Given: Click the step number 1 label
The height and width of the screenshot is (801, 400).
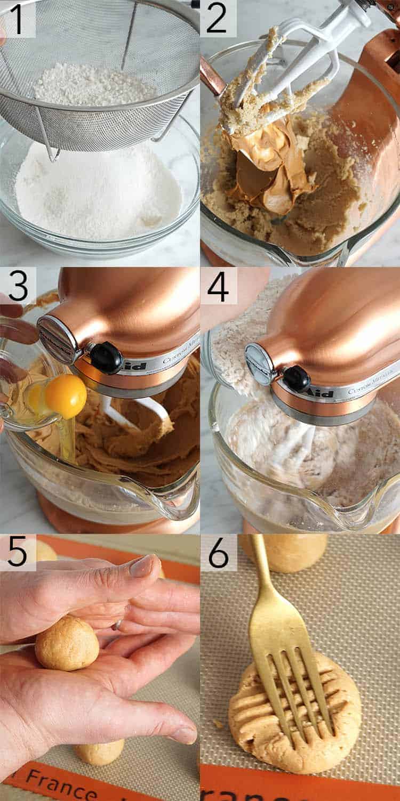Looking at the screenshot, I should tap(18, 18).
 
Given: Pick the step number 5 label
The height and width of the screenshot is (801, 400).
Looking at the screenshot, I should tap(18, 553).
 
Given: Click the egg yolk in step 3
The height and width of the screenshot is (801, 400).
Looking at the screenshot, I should tap(65, 396).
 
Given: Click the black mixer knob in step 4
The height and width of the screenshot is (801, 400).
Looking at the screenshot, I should tap(297, 378).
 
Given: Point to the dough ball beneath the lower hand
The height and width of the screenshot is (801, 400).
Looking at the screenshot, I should tap(99, 751).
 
